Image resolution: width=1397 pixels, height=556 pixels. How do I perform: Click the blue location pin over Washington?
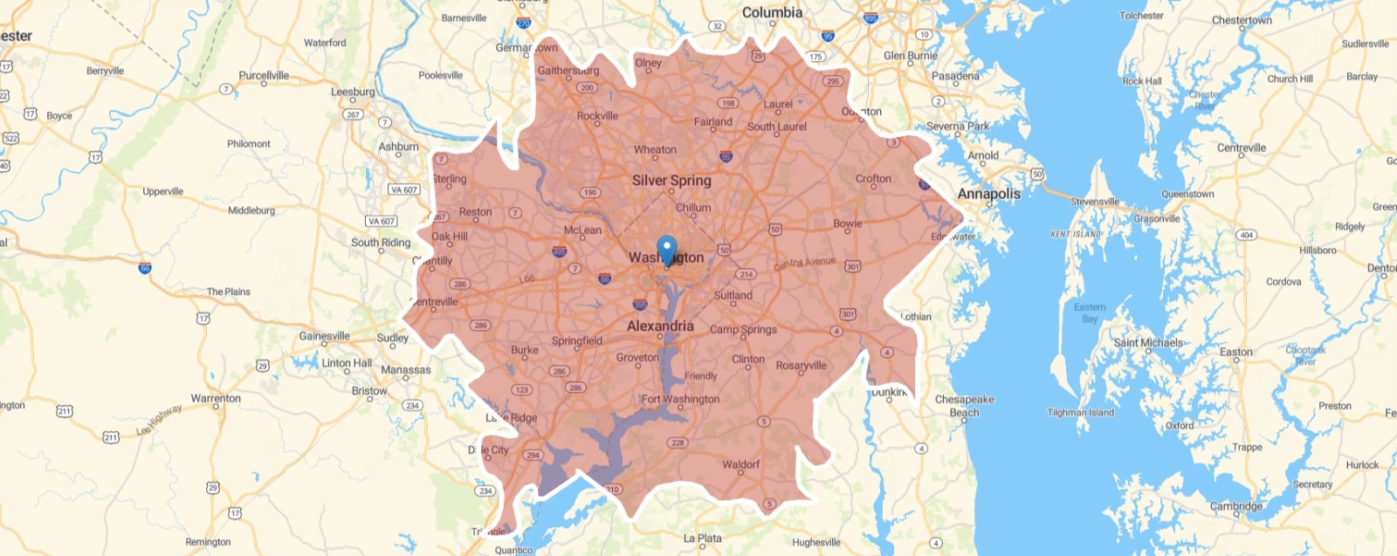click(666, 249)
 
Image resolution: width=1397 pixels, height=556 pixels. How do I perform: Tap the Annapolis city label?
click(988, 194)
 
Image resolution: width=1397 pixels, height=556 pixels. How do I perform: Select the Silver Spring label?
click(671, 181)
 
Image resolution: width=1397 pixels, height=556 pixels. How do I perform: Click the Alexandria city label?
click(660, 326)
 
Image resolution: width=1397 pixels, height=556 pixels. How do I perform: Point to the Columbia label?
click(772, 12)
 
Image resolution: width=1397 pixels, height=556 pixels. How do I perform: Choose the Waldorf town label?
click(740, 464)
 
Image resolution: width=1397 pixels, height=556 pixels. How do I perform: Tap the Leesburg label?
click(353, 92)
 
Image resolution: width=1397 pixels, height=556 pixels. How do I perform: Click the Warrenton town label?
click(216, 398)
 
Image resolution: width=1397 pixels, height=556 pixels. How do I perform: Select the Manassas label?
click(406, 370)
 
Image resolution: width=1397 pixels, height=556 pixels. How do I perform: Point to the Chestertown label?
click(1242, 20)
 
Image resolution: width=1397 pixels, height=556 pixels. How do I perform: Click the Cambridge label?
click(1235, 506)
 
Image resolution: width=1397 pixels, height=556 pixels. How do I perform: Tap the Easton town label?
click(1235, 352)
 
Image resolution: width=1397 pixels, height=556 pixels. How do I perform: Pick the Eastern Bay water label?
click(1090, 312)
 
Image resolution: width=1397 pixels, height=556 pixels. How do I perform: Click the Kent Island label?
click(1076, 234)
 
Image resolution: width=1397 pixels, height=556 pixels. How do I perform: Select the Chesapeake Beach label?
click(964, 406)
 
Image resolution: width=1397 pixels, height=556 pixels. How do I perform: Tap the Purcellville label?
click(264, 75)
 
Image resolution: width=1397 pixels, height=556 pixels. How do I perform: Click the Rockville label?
click(597, 115)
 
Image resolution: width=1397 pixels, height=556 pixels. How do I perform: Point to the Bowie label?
click(847, 223)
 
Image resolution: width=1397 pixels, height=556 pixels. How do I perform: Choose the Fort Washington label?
click(680, 399)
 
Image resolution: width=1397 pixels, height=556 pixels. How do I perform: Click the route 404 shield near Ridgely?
click(1246, 235)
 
